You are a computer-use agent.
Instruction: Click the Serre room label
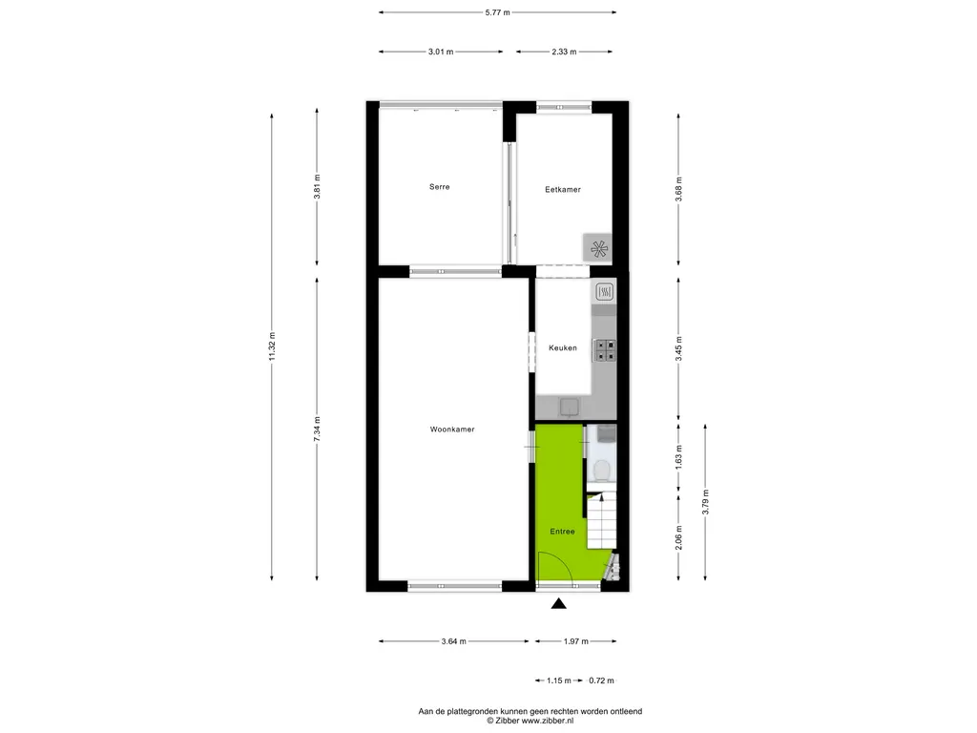coord(439,187)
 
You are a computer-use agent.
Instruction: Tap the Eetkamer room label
coord(563,190)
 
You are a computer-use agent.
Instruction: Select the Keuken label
coord(563,348)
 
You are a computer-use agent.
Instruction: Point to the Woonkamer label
coord(452,429)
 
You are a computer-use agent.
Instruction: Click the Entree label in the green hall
coord(562,532)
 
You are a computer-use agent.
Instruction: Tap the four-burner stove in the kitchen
coord(604,350)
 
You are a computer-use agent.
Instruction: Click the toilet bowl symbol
coord(602,471)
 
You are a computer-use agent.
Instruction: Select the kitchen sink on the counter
coord(569,408)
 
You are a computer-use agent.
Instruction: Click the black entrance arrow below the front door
coord(559,603)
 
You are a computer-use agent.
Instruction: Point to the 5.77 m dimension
coord(498,12)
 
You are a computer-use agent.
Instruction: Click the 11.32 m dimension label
coord(272,346)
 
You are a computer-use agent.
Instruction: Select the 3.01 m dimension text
coord(441,52)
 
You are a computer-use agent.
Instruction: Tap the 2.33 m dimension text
coord(564,52)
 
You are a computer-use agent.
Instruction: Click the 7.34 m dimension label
coord(317,429)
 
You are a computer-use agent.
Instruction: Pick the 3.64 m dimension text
coord(453,641)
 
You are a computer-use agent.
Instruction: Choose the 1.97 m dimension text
coord(575,641)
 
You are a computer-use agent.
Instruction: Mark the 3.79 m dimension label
coord(705,502)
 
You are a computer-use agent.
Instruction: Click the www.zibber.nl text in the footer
coord(547,721)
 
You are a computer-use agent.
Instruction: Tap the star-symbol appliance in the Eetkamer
coord(598,248)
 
